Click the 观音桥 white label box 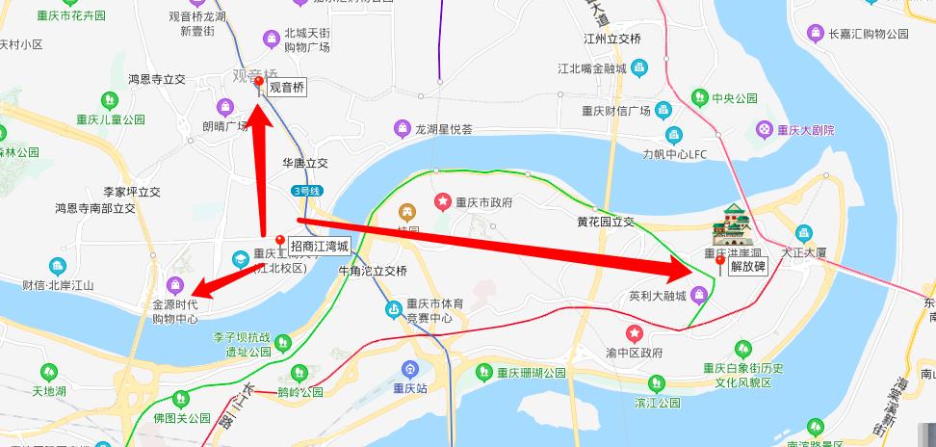286,87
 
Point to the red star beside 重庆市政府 442,202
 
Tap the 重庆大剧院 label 806,130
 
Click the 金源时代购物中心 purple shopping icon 175,284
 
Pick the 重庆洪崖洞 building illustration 731,225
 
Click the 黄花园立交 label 606,222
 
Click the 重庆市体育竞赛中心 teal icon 392,309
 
